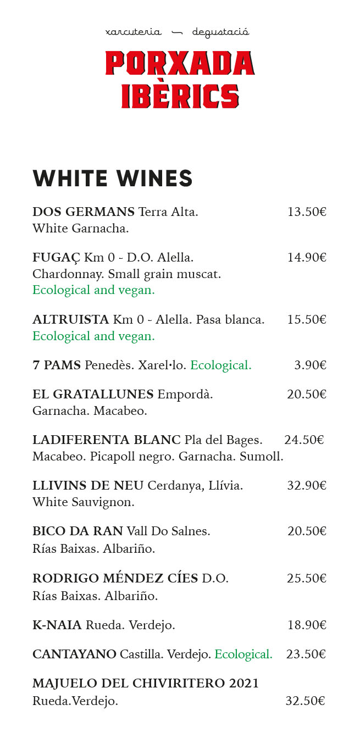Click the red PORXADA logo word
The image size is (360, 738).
tap(180, 63)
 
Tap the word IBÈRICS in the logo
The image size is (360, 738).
tap(180, 96)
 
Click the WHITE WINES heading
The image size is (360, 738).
tap(113, 179)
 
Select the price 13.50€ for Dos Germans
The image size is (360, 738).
tap(307, 212)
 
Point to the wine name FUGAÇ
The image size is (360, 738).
tap(56, 258)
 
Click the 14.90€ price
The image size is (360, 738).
tap(307, 258)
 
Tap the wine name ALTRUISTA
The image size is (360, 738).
tap(71, 320)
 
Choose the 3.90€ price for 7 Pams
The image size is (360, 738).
tap(310, 365)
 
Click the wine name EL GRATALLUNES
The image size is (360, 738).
tap(93, 395)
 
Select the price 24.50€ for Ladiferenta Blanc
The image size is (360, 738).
tap(304, 440)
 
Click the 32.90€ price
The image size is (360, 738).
tap(307, 486)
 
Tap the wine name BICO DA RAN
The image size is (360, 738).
tap(77, 531)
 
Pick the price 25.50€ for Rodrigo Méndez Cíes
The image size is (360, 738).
tap(307, 579)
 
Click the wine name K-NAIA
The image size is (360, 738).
tap(57, 625)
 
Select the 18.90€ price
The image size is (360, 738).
tap(307, 625)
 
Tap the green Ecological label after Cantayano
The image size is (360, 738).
tap(243, 654)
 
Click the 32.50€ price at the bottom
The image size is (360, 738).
tap(305, 701)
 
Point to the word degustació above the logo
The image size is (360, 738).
tap(220, 32)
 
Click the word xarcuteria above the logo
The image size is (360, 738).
tap(134, 32)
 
